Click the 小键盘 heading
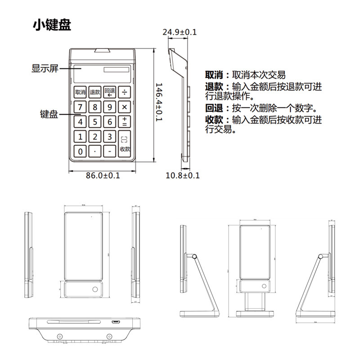click(52, 25)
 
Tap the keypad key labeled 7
click(81, 107)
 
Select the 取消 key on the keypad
click(81, 92)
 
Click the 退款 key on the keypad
click(95, 92)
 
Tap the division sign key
click(124, 92)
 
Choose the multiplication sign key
click(124, 107)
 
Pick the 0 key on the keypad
click(81, 152)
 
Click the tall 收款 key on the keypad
click(125, 144)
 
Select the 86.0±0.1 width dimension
click(103, 175)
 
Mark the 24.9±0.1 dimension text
click(180, 32)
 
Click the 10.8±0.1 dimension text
click(182, 175)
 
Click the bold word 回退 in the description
click(214, 108)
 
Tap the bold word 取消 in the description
click(214, 75)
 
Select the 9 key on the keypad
click(110, 107)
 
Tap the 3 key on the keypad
click(110, 136)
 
